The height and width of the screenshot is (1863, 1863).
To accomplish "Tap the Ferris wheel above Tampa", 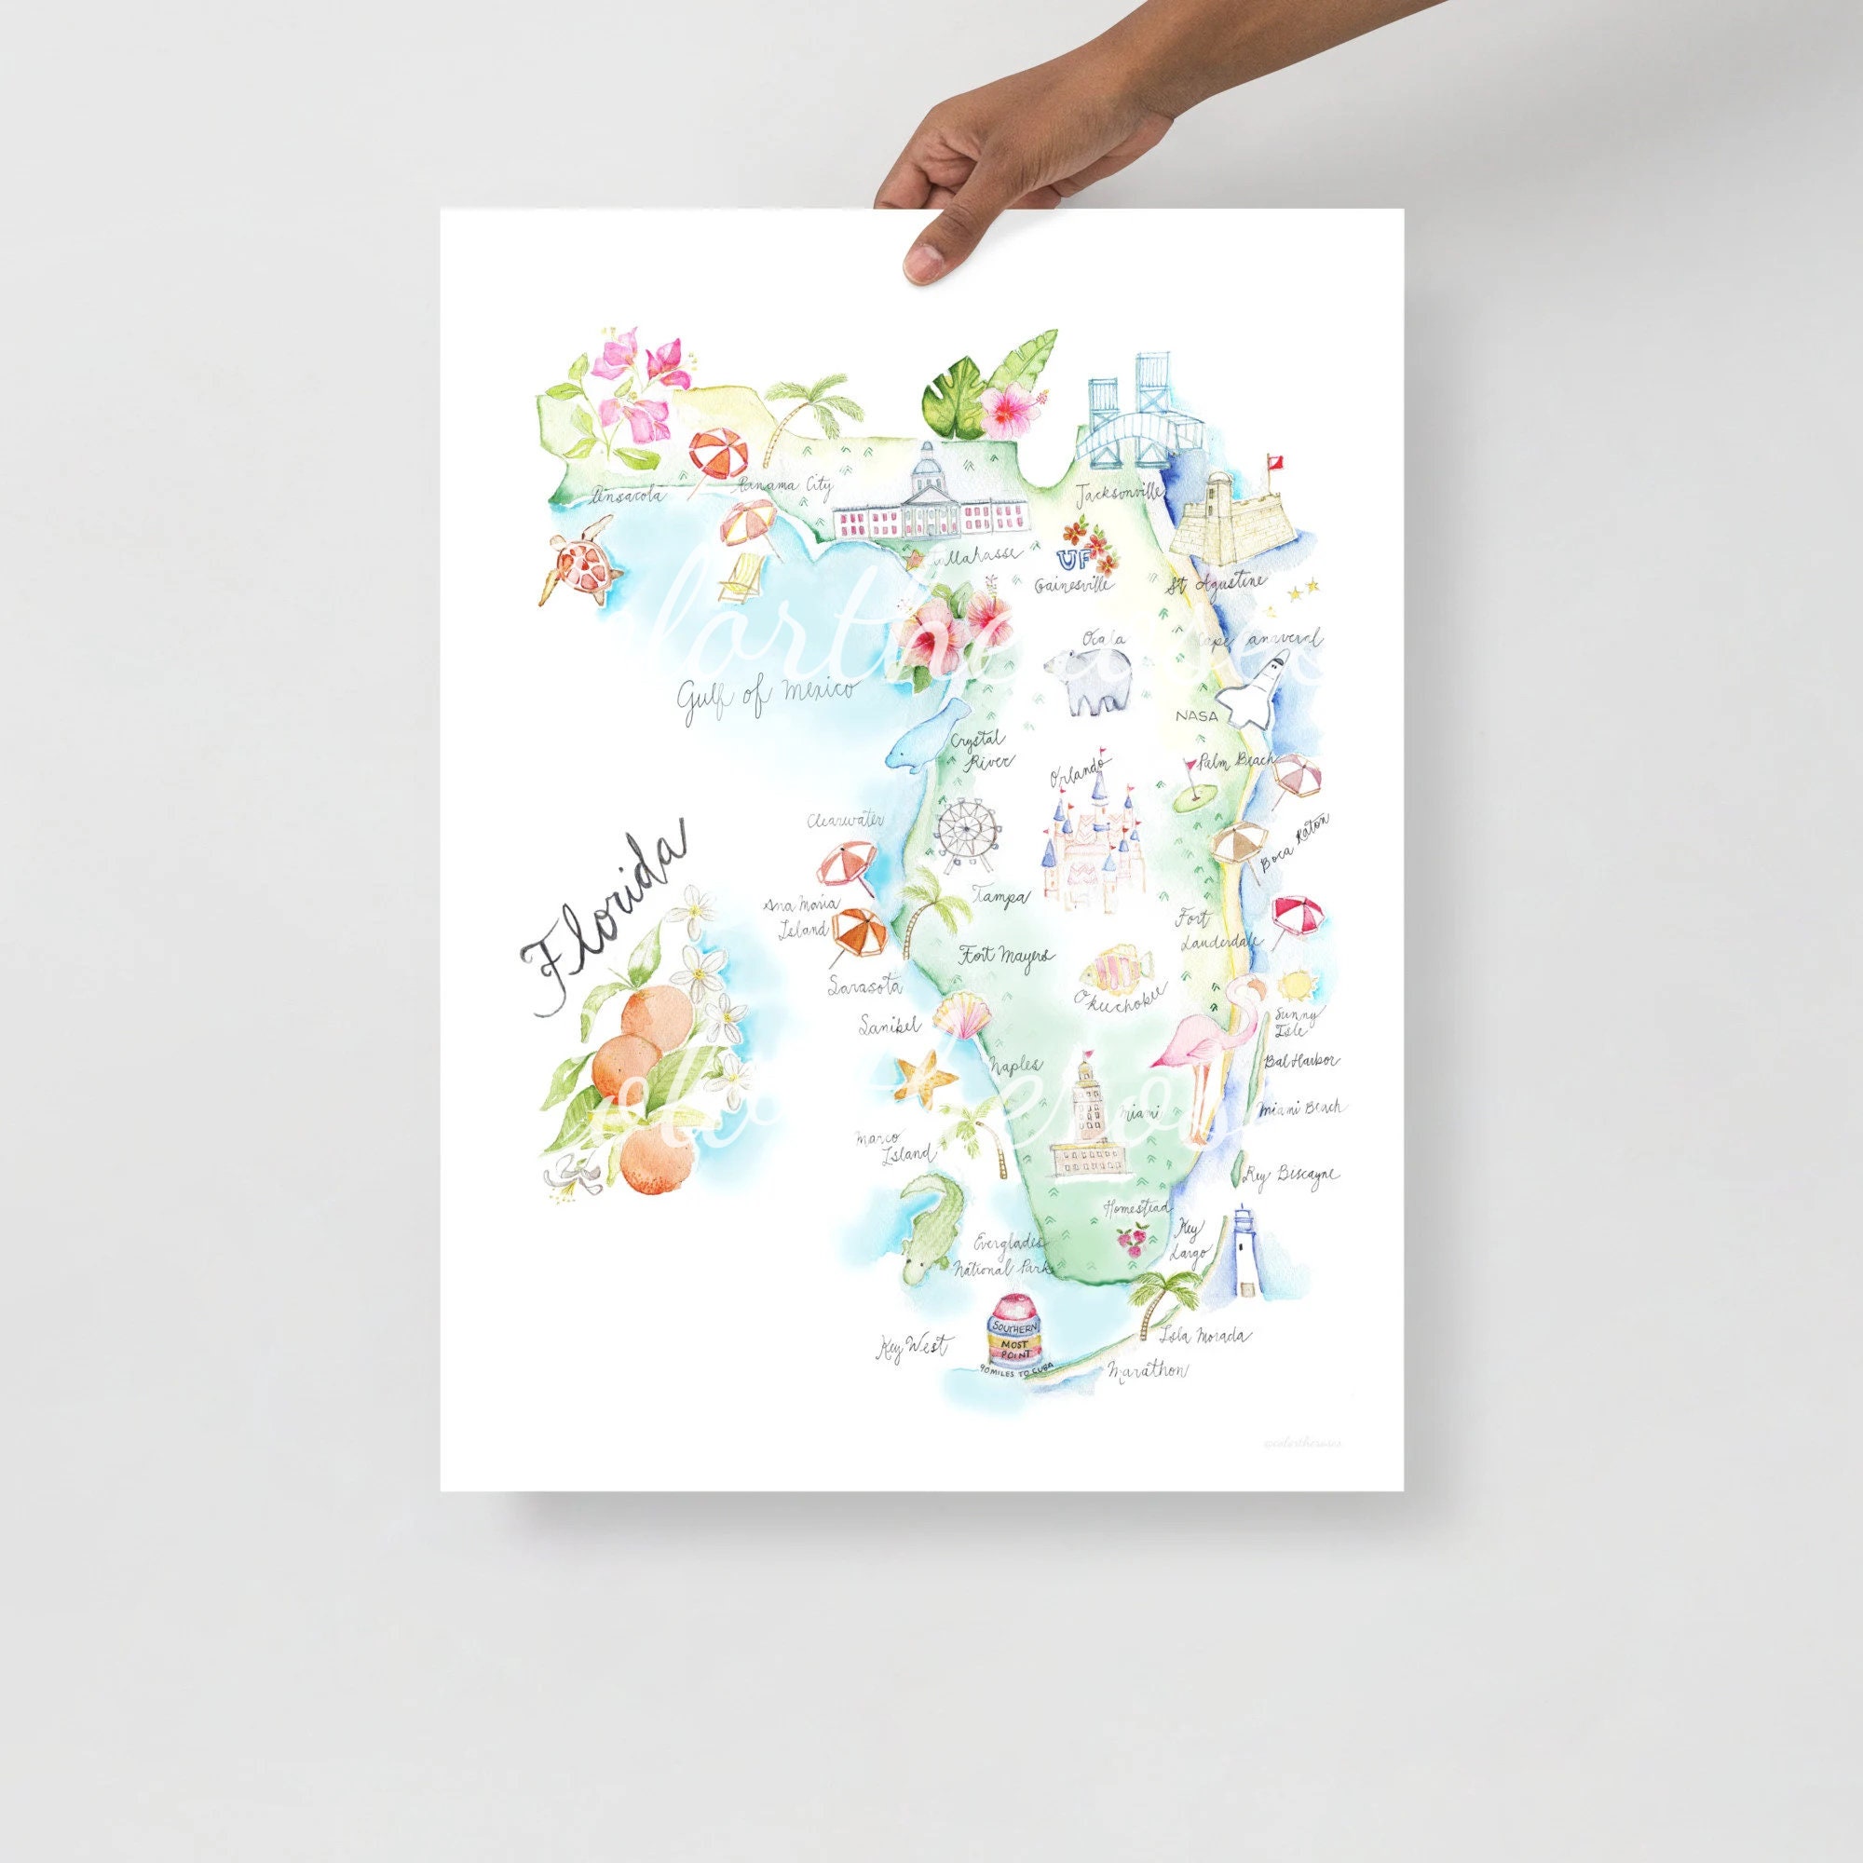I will pos(963,833).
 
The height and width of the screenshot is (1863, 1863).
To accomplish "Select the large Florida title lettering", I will pos(602,920).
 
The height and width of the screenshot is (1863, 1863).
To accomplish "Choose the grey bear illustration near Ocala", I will pos(1103,681).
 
